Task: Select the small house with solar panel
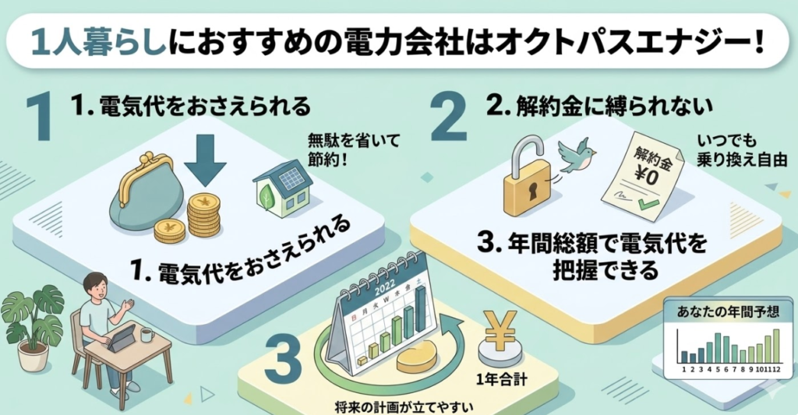[x=282, y=188]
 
